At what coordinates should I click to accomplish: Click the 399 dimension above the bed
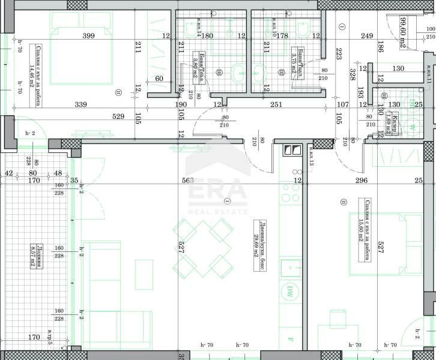(x=88, y=36)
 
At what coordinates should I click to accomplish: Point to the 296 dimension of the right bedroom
(x=360, y=180)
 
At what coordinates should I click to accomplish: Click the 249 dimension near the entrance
(x=367, y=36)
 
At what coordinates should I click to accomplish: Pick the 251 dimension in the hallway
(x=276, y=104)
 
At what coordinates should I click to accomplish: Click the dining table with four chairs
(x=203, y=247)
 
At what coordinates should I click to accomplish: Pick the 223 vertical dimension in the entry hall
(x=339, y=55)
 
